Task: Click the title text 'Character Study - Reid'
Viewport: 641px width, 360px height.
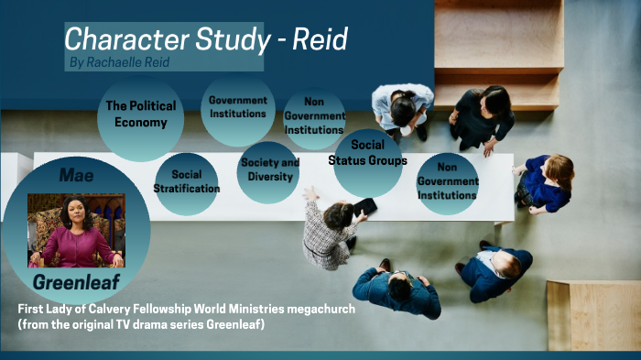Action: coord(205,39)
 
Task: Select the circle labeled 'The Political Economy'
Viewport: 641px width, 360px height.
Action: coord(140,115)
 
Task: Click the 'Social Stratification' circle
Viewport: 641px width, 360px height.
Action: coord(187,181)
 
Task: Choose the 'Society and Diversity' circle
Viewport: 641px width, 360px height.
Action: coord(268,170)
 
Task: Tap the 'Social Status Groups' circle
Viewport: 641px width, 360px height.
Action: coord(367,154)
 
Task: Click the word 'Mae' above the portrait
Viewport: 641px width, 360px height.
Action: coord(76,173)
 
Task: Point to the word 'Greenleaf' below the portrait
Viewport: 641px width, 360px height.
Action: coord(76,280)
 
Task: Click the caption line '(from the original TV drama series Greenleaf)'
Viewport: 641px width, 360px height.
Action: coord(141,325)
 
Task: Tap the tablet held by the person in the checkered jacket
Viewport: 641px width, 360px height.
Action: coord(364,207)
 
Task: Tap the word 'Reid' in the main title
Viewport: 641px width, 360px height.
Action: coord(320,39)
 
